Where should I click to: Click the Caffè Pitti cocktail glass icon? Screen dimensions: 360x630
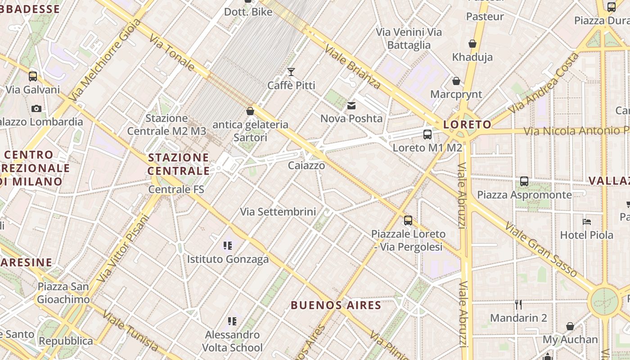click(x=291, y=72)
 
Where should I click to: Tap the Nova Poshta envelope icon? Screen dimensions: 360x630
click(x=351, y=106)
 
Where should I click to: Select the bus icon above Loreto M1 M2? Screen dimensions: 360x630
click(x=427, y=135)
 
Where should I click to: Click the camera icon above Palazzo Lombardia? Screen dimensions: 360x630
click(x=36, y=108)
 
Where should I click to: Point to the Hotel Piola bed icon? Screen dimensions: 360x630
click(x=586, y=222)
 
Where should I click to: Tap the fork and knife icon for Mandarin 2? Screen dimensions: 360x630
click(x=518, y=305)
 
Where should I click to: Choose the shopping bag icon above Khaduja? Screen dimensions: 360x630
click(x=472, y=44)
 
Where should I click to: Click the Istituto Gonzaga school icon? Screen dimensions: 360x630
click(x=228, y=246)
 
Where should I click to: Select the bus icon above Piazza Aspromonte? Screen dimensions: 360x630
click(x=524, y=181)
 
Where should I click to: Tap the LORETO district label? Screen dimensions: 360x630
click(x=467, y=125)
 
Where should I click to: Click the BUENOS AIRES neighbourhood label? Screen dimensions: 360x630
click(x=336, y=305)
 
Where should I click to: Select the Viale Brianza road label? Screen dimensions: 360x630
click(x=352, y=67)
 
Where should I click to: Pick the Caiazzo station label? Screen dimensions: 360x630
click(x=306, y=166)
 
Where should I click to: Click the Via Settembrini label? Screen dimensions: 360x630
click(x=278, y=211)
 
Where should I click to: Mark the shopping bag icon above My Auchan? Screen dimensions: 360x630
click(x=570, y=326)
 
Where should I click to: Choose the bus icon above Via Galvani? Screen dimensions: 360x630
click(x=33, y=76)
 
